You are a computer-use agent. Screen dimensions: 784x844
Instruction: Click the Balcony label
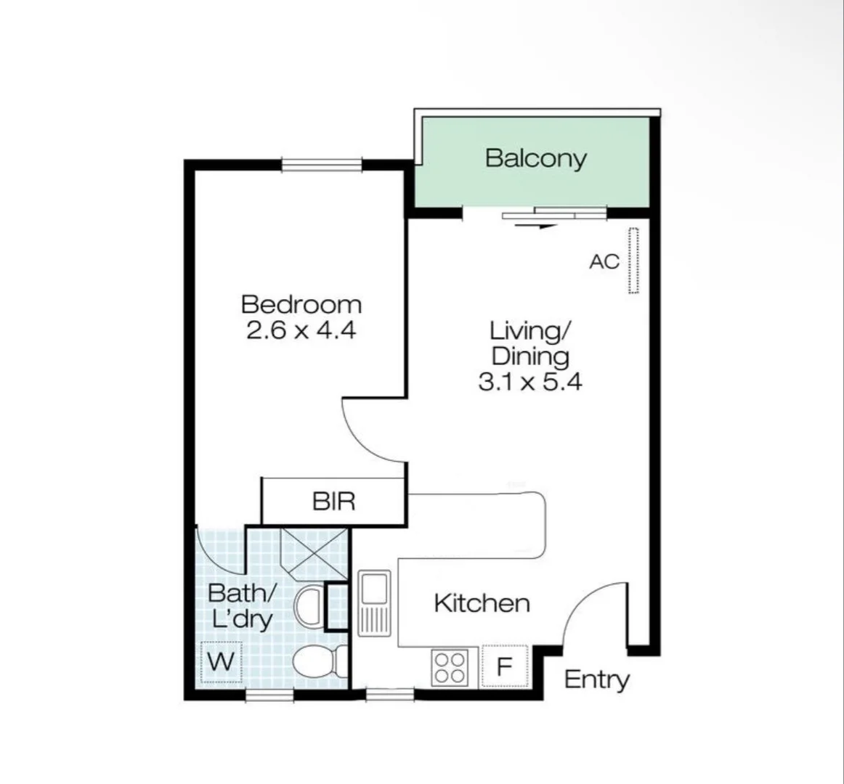tap(535, 158)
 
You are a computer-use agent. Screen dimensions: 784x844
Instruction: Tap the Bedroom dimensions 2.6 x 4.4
tap(301, 330)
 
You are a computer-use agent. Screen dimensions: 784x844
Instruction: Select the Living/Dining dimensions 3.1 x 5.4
tap(529, 381)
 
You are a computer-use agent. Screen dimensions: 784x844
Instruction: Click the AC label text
tap(604, 261)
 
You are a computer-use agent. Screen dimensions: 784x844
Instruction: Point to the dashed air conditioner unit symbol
tap(633, 261)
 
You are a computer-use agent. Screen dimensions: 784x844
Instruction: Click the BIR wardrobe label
tap(333, 501)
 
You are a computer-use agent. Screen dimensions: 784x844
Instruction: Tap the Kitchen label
tap(482, 603)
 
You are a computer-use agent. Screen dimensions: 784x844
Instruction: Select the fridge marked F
tap(504, 666)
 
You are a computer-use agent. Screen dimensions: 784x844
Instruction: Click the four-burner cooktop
tap(450, 667)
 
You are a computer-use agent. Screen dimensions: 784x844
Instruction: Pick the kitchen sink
tap(375, 602)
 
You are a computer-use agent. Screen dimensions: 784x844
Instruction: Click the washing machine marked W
tap(222, 662)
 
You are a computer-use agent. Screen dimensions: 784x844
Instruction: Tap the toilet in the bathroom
tap(320, 661)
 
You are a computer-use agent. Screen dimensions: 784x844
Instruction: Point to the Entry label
tap(596, 679)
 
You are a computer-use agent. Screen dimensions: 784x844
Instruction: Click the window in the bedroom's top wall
tap(322, 165)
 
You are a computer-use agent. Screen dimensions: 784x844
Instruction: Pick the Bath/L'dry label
tap(241, 605)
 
